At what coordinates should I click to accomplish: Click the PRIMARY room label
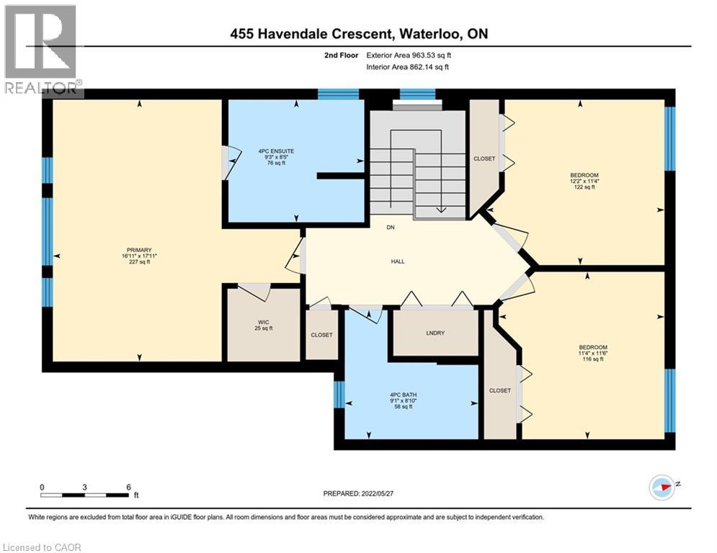click(139, 250)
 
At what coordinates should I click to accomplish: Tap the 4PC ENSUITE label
click(276, 151)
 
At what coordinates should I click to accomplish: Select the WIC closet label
click(264, 322)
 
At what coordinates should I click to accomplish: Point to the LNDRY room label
click(435, 333)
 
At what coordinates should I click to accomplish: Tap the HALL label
click(398, 261)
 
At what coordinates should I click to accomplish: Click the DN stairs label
click(391, 227)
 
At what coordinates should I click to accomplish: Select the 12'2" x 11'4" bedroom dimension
click(584, 181)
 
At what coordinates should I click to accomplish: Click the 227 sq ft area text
click(140, 262)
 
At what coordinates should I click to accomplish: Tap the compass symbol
click(662, 487)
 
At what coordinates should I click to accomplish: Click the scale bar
click(86, 495)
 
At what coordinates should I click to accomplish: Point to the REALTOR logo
click(42, 50)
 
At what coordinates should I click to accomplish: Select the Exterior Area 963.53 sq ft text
click(409, 55)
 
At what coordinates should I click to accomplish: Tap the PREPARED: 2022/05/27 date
click(358, 493)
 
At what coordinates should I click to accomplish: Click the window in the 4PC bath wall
click(339, 394)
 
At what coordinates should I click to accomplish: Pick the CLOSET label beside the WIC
click(322, 335)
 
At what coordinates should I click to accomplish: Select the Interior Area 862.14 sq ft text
click(407, 67)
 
